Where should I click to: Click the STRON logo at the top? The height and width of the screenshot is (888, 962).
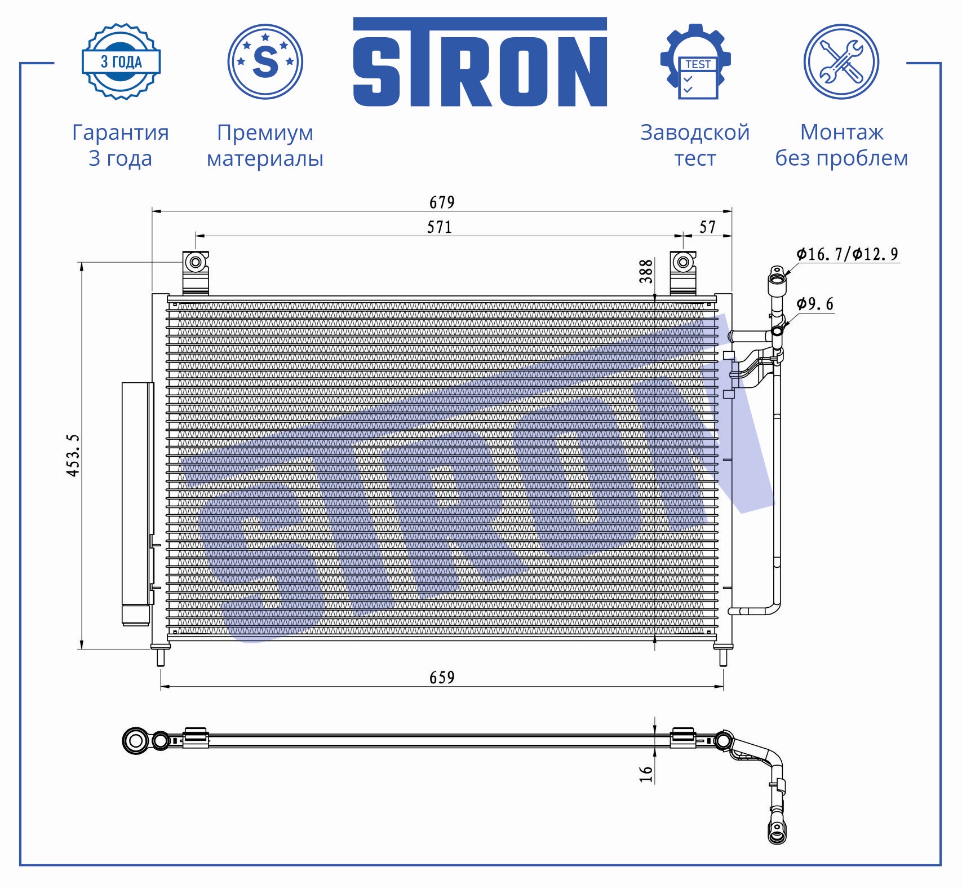pyautogui.click(x=480, y=62)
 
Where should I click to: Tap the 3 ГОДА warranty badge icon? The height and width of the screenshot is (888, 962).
pyautogui.click(x=121, y=61)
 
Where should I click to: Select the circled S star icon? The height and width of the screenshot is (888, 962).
pyautogui.click(x=265, y=61)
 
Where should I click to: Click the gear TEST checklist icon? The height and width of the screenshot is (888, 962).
pyautogui.click(x=695, y=61)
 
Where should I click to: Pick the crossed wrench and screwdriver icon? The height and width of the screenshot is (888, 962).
pyautogui.click(x=841, y=61)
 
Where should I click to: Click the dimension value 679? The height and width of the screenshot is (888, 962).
pyautogui.click(x=442, y=202)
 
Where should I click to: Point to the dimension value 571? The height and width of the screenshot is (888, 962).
pyautogui.click(x=440, y=227)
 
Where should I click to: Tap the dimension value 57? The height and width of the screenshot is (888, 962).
pyautogui.click(x=708, y=227)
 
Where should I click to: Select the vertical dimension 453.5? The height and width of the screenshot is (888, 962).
pyautogui.click(x=73, y=456)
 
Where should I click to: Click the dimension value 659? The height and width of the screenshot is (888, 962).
pyautogui.click(x=442, y=677)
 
